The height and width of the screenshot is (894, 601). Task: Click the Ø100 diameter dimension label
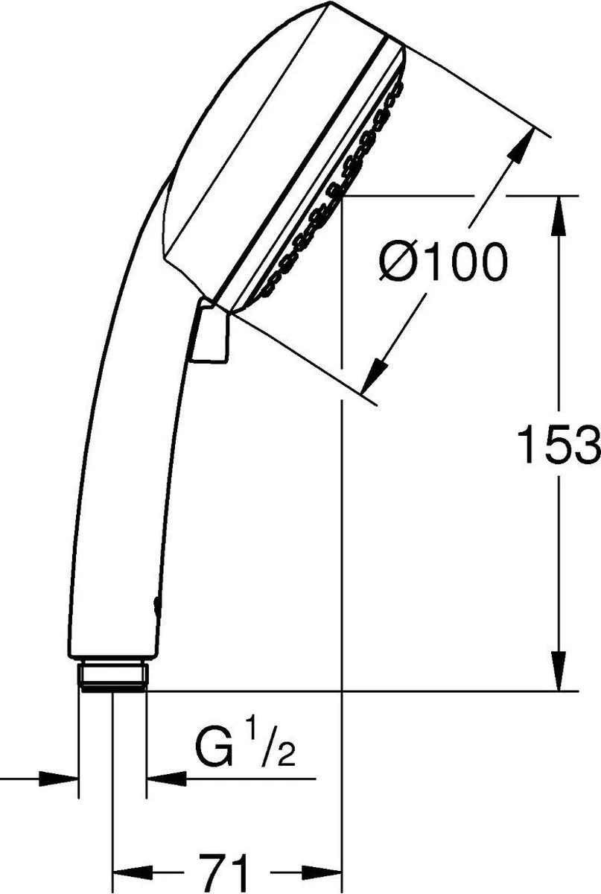tap(442, 262)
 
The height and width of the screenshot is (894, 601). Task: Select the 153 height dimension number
tap(559, 444)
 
